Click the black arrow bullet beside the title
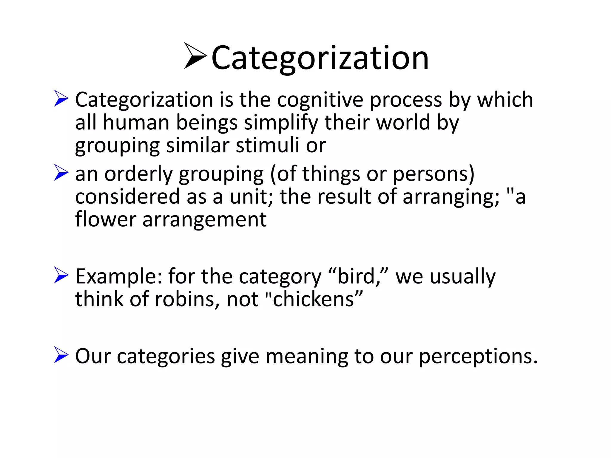click(x=195, y=56)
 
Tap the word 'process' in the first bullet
click(x=406, y=100)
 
